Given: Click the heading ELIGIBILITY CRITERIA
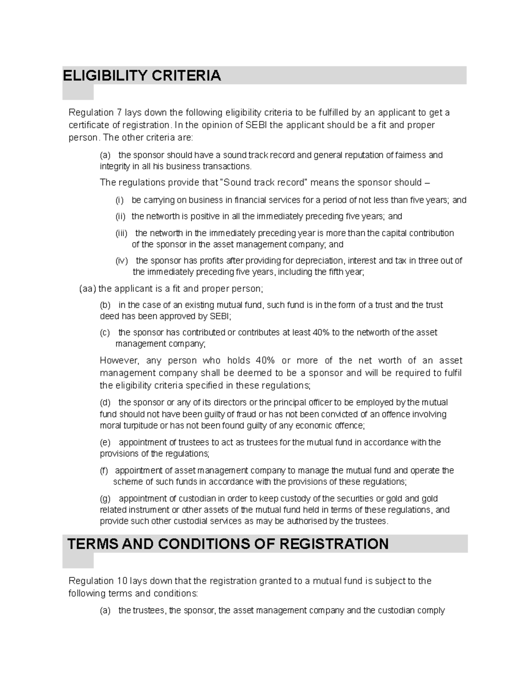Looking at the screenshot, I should point(142,76).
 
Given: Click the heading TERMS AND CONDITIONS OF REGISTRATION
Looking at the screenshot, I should point(227,544).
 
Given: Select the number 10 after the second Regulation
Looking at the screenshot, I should point(121,580).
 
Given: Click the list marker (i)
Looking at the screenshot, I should point(120,200).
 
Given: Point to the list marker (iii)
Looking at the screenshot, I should point(121,233).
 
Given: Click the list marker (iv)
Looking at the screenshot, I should point(121,261).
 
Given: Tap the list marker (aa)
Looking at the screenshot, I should point(87,289).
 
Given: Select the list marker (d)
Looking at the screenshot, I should point(105,403).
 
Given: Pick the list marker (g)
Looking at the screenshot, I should point(105,499).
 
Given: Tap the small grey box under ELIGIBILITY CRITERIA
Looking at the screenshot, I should point(78,92).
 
